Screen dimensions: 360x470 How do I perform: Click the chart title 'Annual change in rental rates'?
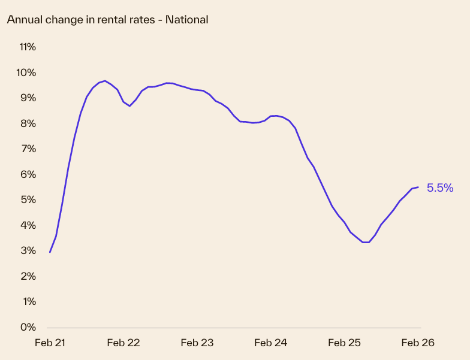[107, 20]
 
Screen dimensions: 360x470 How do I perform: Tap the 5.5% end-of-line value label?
[439, 188]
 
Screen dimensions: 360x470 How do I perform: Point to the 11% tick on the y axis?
[28, 47]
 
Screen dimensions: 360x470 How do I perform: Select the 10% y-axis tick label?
[26, 72]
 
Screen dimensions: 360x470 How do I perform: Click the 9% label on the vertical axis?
[28, 98]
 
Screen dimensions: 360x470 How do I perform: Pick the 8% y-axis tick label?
[28, 123]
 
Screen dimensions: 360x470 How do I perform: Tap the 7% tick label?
[28, 149]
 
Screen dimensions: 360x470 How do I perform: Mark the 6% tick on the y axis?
[28, 174]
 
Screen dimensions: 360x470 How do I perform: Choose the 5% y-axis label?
[28, 199]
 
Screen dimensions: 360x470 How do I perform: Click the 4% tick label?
[28, 225]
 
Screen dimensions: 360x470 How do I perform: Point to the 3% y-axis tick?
[28, 250]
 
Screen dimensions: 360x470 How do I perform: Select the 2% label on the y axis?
[28, 276]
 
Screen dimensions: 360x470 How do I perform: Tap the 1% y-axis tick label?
[28, 301]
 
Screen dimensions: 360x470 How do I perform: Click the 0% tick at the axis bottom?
[28, 327]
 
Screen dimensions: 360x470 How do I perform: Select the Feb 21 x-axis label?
[50, 343]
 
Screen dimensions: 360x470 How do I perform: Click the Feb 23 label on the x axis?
[197, 343]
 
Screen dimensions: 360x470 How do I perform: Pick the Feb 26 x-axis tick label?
[417, 343]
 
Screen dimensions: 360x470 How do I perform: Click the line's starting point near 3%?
[50, 252]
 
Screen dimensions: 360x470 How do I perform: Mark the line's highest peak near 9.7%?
[105, 81]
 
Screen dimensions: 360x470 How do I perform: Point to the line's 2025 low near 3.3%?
[366, 242]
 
